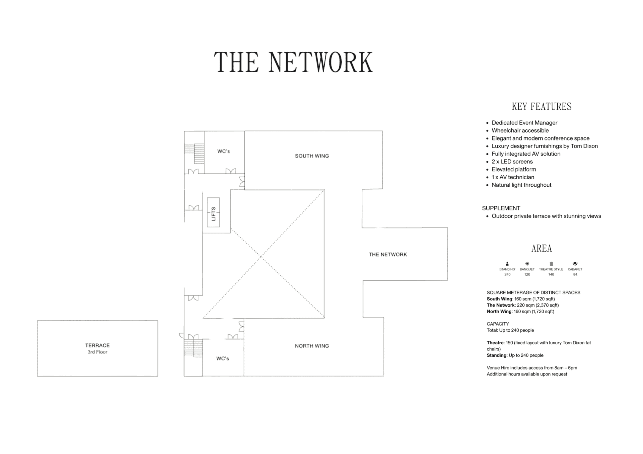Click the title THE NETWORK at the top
point(293,62)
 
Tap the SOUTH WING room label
point(312,156)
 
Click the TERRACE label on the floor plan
point(97,345)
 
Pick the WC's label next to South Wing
point(224,151)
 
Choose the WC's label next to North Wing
point(223,359)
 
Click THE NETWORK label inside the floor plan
point(388,255)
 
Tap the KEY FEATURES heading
point(541,107)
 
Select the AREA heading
point(541,248)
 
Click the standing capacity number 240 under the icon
point(507,275)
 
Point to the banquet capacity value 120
point(527,275)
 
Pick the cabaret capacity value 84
point(575,275)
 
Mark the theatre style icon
point(551,264)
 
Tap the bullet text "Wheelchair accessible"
point(520,131)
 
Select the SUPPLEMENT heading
point(501,208)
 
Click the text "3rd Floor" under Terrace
point(97,352)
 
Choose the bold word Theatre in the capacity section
point(495,343)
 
